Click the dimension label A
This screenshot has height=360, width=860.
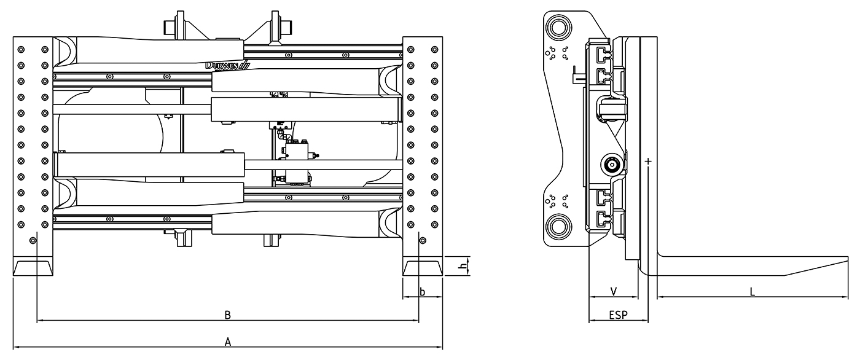click(x=228, y=342)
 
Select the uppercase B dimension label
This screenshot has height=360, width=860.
click(x=227, y=315)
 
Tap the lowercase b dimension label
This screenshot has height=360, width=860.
click(x=423, y=292)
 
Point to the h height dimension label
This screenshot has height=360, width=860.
click(x=462, y=267)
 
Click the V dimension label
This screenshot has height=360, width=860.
click(x=613, y=291)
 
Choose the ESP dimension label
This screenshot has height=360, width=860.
click(x=618, y=315)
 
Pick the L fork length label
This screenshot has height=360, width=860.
click(x=752, y=292)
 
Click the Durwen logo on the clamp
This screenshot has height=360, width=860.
click(x=227, y=65)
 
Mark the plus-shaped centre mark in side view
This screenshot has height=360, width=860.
click(x=648, y=162)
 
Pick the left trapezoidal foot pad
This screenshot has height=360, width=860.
click(x=33, y=268)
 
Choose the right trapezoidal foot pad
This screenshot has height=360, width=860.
click(x=423, y=268)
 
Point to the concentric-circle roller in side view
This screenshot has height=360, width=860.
click(x=611, y=165)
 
